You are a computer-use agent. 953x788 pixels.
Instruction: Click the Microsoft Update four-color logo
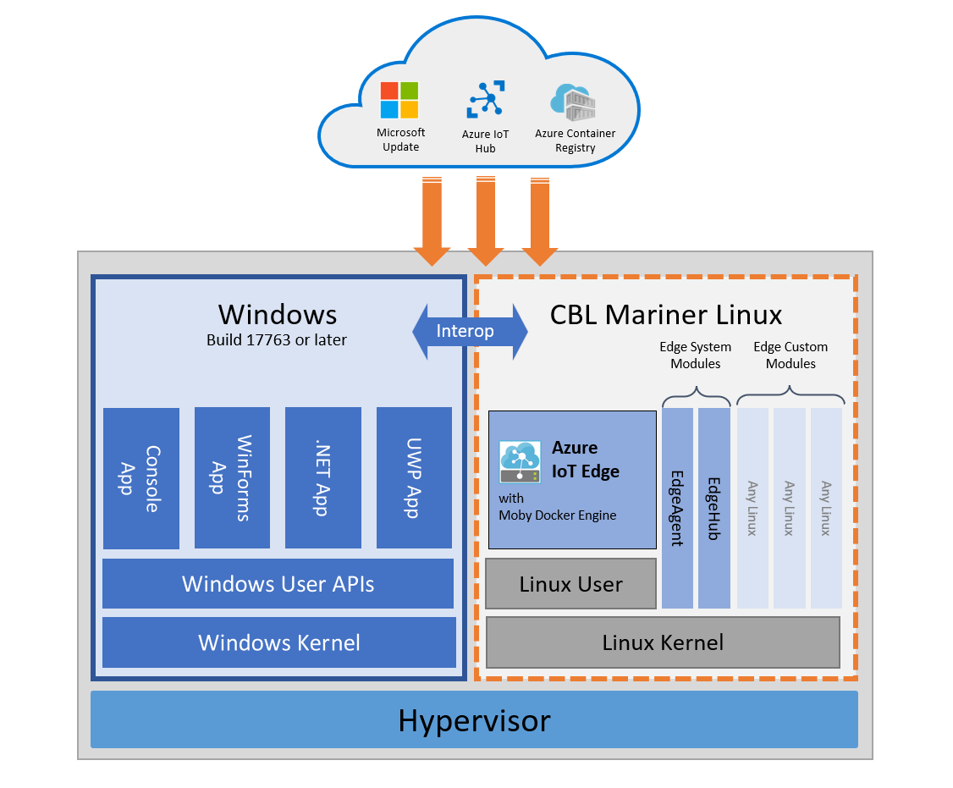399,101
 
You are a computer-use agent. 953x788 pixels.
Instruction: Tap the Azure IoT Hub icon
486,100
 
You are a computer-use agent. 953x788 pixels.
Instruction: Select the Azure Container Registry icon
574,102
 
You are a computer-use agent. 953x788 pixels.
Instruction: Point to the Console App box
141,478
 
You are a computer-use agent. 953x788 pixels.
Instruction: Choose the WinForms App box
232,478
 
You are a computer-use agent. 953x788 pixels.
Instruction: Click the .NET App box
322,478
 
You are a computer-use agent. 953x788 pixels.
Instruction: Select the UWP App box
414,478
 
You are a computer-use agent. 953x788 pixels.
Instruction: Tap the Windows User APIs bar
278,584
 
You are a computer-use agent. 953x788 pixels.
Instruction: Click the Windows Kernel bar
278,642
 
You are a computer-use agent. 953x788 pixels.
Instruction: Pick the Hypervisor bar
474,720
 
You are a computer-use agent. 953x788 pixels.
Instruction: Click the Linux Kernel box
663,642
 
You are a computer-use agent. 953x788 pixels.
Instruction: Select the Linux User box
570,584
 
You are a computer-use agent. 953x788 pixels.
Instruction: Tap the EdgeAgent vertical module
677,508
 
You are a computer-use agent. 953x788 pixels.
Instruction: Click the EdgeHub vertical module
713,508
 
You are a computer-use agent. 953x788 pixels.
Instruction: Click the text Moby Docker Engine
558,515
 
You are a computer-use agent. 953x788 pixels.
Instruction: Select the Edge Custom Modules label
790,355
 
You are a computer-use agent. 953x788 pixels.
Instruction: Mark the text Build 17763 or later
277,340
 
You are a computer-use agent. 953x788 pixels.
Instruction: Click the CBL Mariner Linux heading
666,316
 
